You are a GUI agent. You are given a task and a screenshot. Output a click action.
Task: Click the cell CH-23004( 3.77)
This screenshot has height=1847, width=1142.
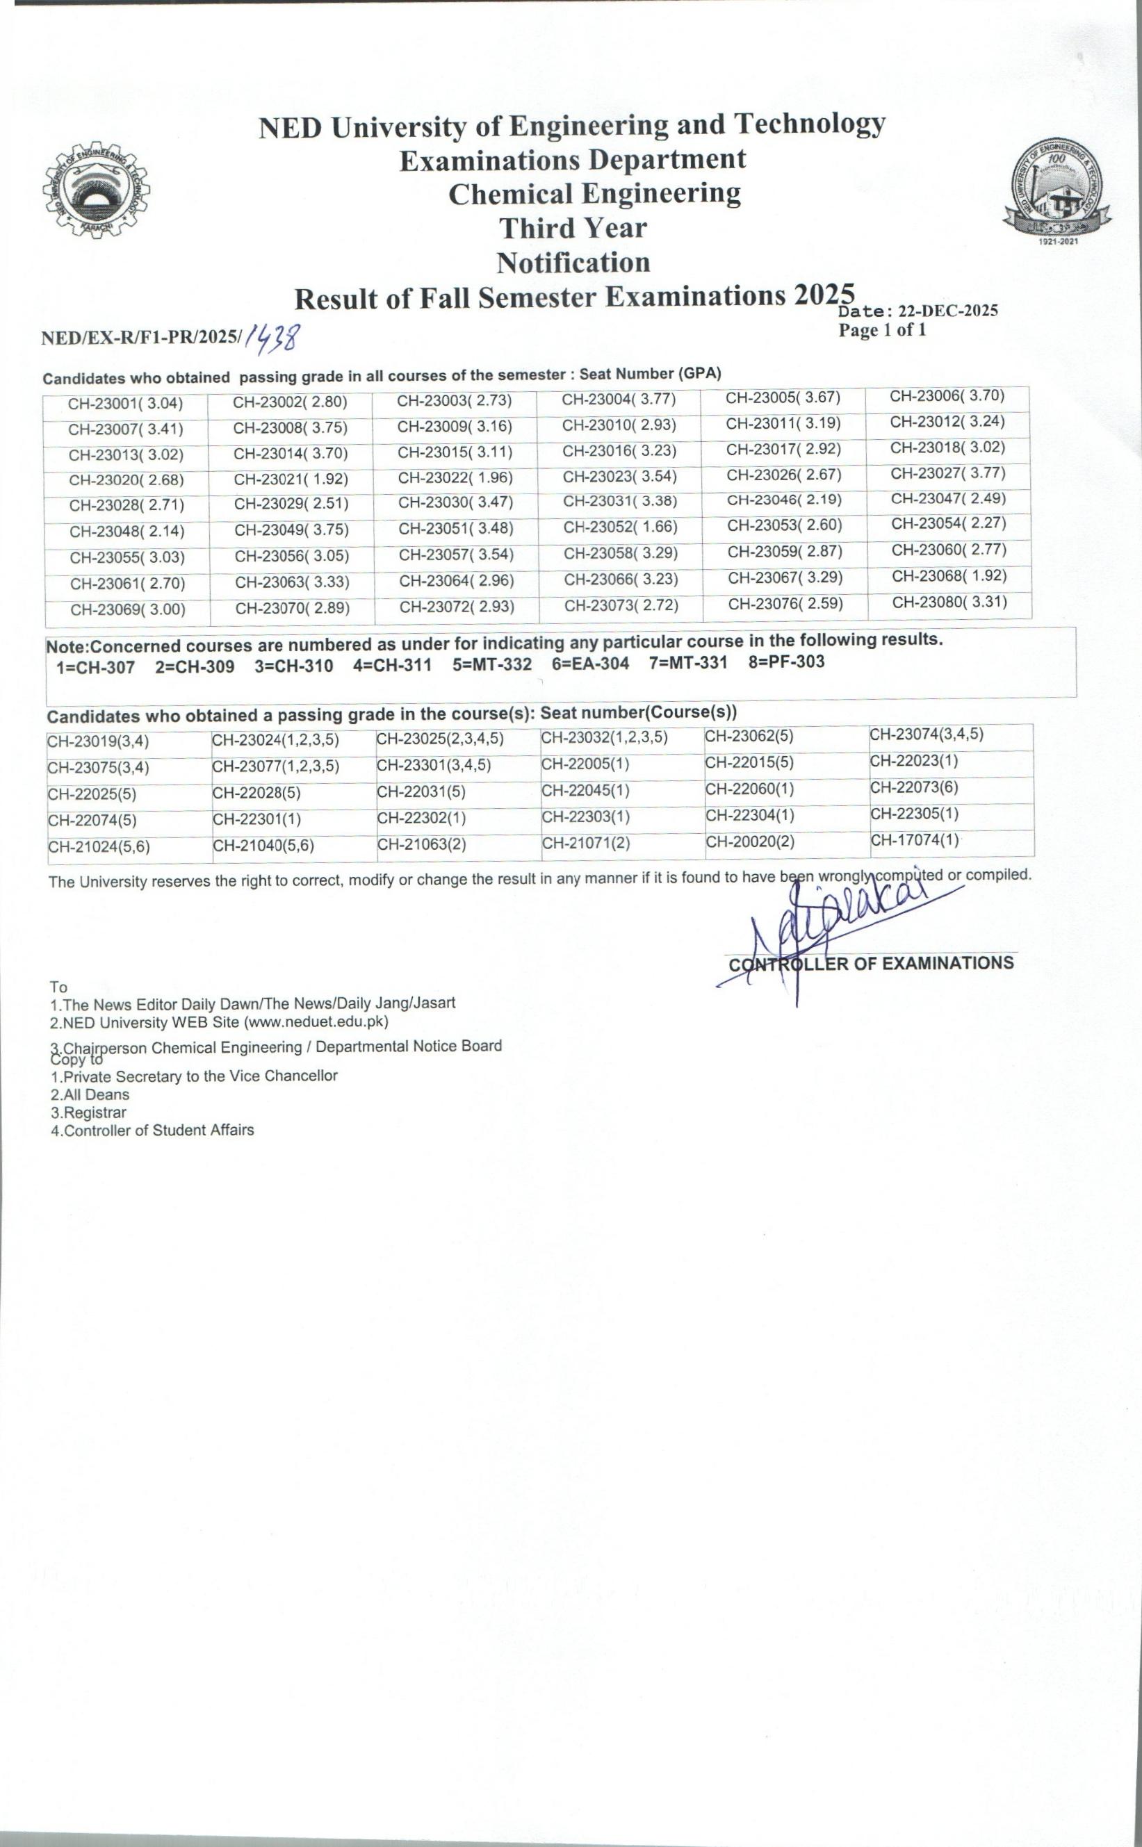[x=619, y=400]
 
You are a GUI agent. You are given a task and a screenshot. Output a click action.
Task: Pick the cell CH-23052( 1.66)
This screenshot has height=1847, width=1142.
[x=620, y=527]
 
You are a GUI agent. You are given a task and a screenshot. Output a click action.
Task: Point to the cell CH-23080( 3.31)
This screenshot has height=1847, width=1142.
[x=949, y=602]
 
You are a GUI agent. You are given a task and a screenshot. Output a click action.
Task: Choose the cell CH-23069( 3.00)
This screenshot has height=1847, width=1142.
[x=128, y=609]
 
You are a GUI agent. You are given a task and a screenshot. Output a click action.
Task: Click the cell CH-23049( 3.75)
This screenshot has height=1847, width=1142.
[x=291, y=530]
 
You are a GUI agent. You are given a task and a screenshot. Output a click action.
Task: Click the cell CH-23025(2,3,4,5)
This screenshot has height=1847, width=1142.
[x=439, y=739]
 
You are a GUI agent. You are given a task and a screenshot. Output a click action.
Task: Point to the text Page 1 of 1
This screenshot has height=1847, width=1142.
[x=881, y=330]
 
